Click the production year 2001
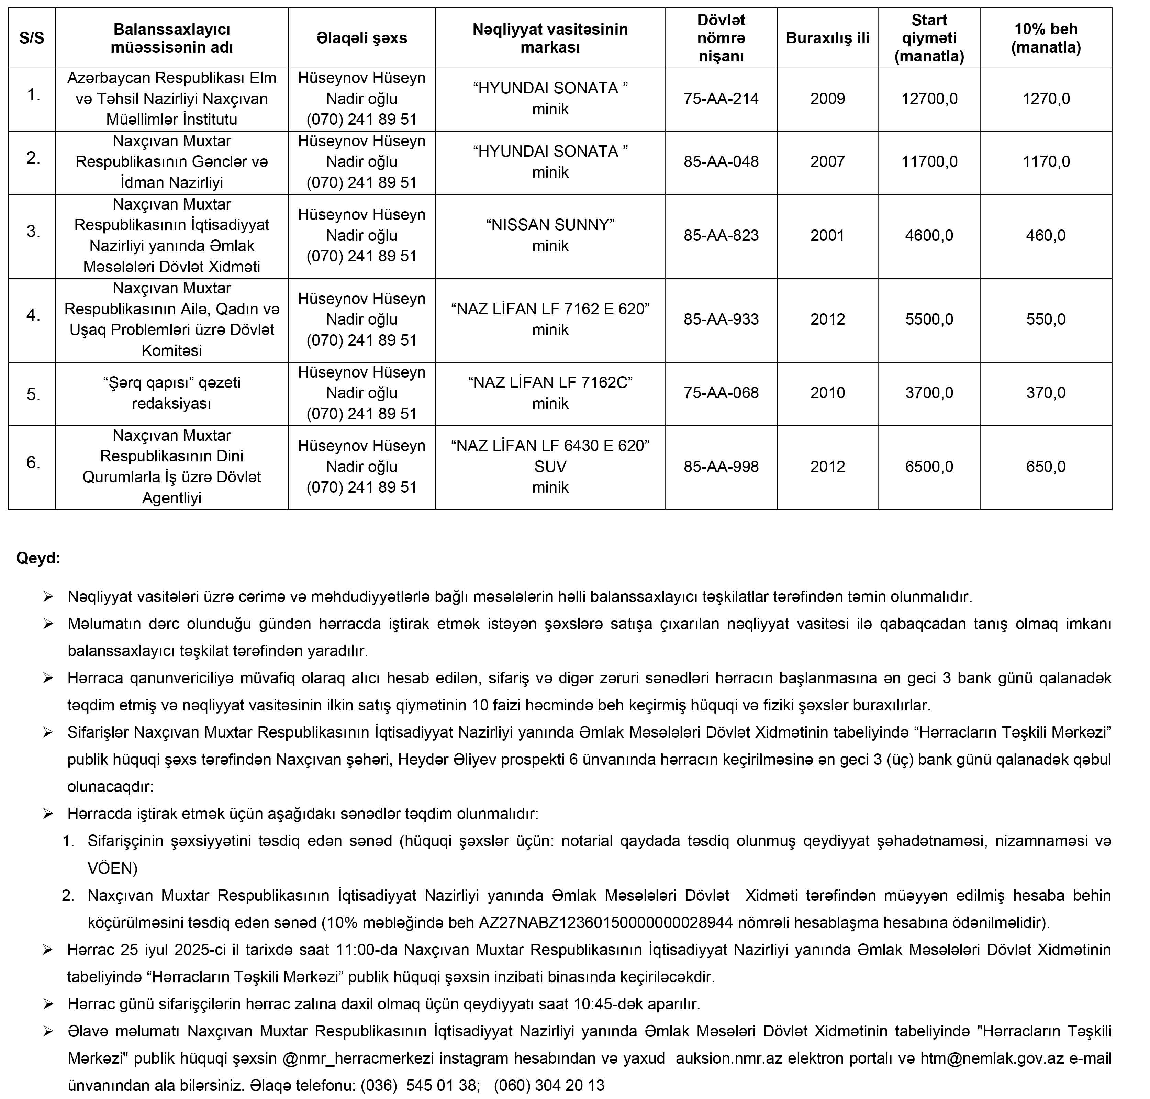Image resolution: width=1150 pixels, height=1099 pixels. point(827,236)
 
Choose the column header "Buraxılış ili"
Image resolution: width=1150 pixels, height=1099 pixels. point(827,38)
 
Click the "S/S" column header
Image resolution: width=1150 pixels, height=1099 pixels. point(32,38)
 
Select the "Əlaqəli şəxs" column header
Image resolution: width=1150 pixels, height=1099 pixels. point(361,38)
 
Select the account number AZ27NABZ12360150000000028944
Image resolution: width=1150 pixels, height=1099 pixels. point(606,923)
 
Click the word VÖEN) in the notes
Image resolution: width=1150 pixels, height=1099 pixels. point(112,868)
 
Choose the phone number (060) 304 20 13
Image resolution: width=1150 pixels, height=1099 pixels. point(549,1086)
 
